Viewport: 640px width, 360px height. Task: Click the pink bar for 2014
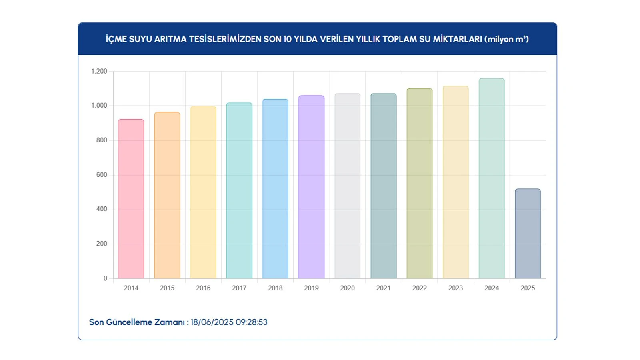click(131, 199)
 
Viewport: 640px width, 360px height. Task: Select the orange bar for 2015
click(167, 195)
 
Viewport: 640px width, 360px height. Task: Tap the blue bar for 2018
click(275, 189)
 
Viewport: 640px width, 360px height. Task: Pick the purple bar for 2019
click(311, 187)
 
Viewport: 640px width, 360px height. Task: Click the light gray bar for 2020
click(347, 186)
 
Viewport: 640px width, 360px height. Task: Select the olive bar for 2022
click(419, 183)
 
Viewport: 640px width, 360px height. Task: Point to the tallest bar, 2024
click(491, 178)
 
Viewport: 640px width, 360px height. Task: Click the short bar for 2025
click(528, 234)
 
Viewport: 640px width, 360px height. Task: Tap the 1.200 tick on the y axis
click(99, 71)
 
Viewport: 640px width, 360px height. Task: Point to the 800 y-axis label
click(102, 140)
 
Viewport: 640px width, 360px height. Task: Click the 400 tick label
click(102, 209)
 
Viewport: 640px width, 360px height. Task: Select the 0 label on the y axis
click(105, 278)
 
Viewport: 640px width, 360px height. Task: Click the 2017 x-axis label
click(239, 288)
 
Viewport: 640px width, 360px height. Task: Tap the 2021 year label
click(383, 288)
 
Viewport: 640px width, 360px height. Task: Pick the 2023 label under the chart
click(455, 288)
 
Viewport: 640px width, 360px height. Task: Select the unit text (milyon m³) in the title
click(506, 39)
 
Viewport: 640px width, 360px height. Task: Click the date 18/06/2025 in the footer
click(212, 322)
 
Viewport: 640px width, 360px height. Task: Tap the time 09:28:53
click(252, 322)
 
